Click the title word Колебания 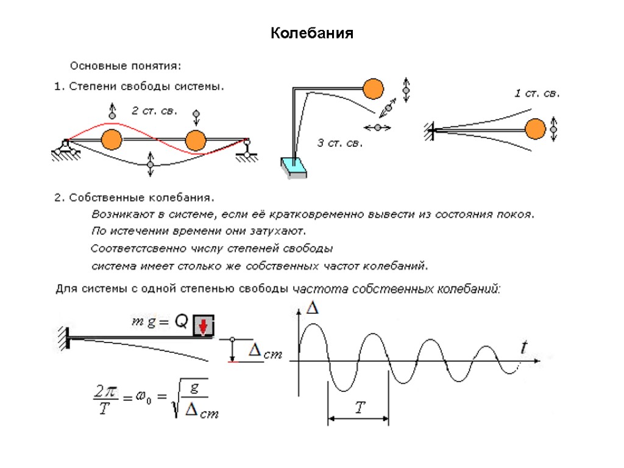[312, 33]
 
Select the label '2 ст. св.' [155, 111]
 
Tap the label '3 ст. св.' [340, 144]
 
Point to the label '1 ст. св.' [536, 93]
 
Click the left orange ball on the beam [112, 140]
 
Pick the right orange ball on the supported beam [195, 140]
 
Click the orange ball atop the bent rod [374, 89]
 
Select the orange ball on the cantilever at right [535, 129]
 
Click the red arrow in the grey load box [204, 327]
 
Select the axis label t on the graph [523, 348]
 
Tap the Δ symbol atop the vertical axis [312, 309]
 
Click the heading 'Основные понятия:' [126, 65]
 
